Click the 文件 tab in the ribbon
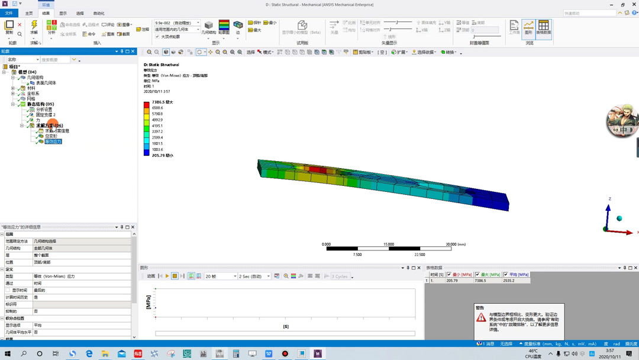click(9, 13)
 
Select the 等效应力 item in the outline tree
click(53, 142)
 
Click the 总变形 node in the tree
click(51, 136)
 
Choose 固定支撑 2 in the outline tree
click(46, 115)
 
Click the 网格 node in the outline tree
click(31, 99)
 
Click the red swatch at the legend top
click(147, 105)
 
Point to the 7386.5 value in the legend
click(159, 102)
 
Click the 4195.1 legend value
click(157, 126)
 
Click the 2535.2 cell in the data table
click(509, 281)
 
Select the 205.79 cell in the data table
click(452, 281)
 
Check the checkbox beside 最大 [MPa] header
click(477, 275)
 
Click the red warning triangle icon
click(481, 317)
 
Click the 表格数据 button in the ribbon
click(543, 28)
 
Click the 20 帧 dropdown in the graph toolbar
click(220, 277)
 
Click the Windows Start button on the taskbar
click(8, 353)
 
